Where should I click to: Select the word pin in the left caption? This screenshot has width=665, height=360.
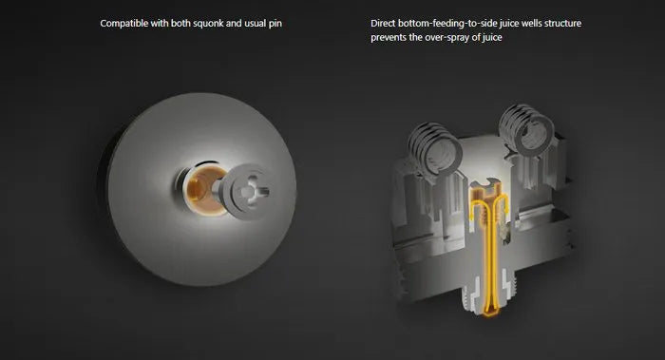click(275, 24)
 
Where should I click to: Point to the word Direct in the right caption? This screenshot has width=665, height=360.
click(383, 23)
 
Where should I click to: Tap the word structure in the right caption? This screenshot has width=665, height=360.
click(562, 23)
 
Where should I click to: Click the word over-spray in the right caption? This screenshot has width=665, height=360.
click(447, 37)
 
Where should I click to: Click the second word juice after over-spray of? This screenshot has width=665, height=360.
click(492, 37)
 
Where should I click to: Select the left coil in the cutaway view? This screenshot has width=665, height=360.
click(435, 147)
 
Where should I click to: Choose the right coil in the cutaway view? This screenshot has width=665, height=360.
click(526, 126)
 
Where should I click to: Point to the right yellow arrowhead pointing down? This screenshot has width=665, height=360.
click(504, 209)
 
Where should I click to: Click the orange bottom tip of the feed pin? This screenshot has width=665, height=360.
click(491, 313)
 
